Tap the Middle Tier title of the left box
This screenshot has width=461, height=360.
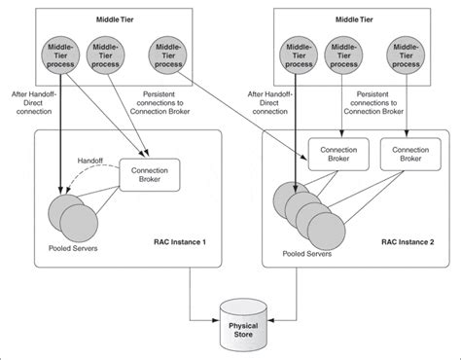coord(116,18)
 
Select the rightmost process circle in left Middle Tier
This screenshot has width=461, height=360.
coord(167,55)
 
